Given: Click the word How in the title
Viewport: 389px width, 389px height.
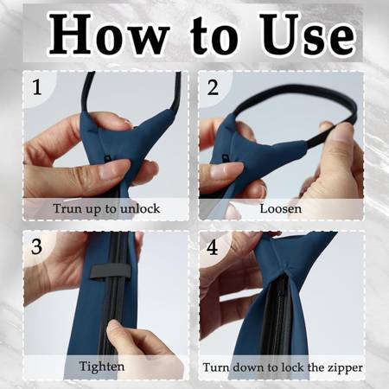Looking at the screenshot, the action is [x=108, y=35].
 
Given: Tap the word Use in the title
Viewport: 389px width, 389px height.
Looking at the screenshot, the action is [x=308, y=35].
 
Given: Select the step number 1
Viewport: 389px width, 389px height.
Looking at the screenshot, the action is [x=36, y=87].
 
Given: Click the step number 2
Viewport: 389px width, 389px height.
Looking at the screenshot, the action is [x=213, y=87].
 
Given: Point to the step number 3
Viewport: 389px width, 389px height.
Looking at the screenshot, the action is [x=36, y=246].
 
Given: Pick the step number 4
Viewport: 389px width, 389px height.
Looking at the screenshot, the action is [x=213, y=247].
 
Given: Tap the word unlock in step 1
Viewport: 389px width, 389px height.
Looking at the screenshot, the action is [x=140, y=208].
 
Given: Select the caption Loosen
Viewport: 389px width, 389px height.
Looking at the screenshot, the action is [x=281, y=208].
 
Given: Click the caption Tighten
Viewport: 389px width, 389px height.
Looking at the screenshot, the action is [x=102, y=367].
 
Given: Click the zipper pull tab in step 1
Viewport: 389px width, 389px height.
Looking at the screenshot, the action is [x=107, y=159].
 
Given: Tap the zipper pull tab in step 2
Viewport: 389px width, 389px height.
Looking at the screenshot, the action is [x=224, y=159].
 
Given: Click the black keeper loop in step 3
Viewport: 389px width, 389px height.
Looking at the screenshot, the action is [x=111, y=271].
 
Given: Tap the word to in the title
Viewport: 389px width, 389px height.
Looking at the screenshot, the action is [x=214, y=36].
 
